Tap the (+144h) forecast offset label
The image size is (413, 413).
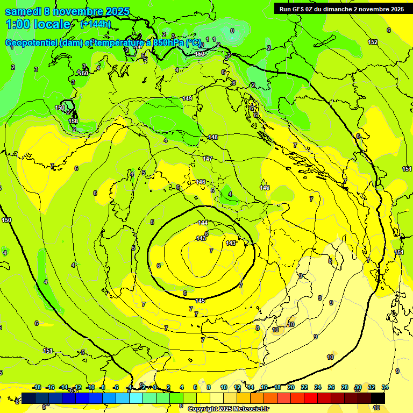[x=96, y=24]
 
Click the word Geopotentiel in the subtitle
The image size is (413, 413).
[x=32, y=43]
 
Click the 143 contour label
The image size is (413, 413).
[x=231, y=244]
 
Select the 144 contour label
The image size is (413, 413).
[x=203, y=223]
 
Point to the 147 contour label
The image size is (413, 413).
[x=208, y=159]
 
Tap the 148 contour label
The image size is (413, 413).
[x=213, y=138]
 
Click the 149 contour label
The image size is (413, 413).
[x=187, y=98]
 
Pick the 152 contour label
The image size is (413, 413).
[x=373, y=42]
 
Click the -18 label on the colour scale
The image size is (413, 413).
[x=37, y=388]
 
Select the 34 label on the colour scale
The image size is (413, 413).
[x=385, y=388]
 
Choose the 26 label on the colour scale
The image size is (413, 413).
[x=331, y=388]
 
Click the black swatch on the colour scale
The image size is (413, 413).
[x=378, y=398]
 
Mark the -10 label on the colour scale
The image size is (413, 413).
[x=90, y=388]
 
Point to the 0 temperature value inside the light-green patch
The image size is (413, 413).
[x=232, y=31]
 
